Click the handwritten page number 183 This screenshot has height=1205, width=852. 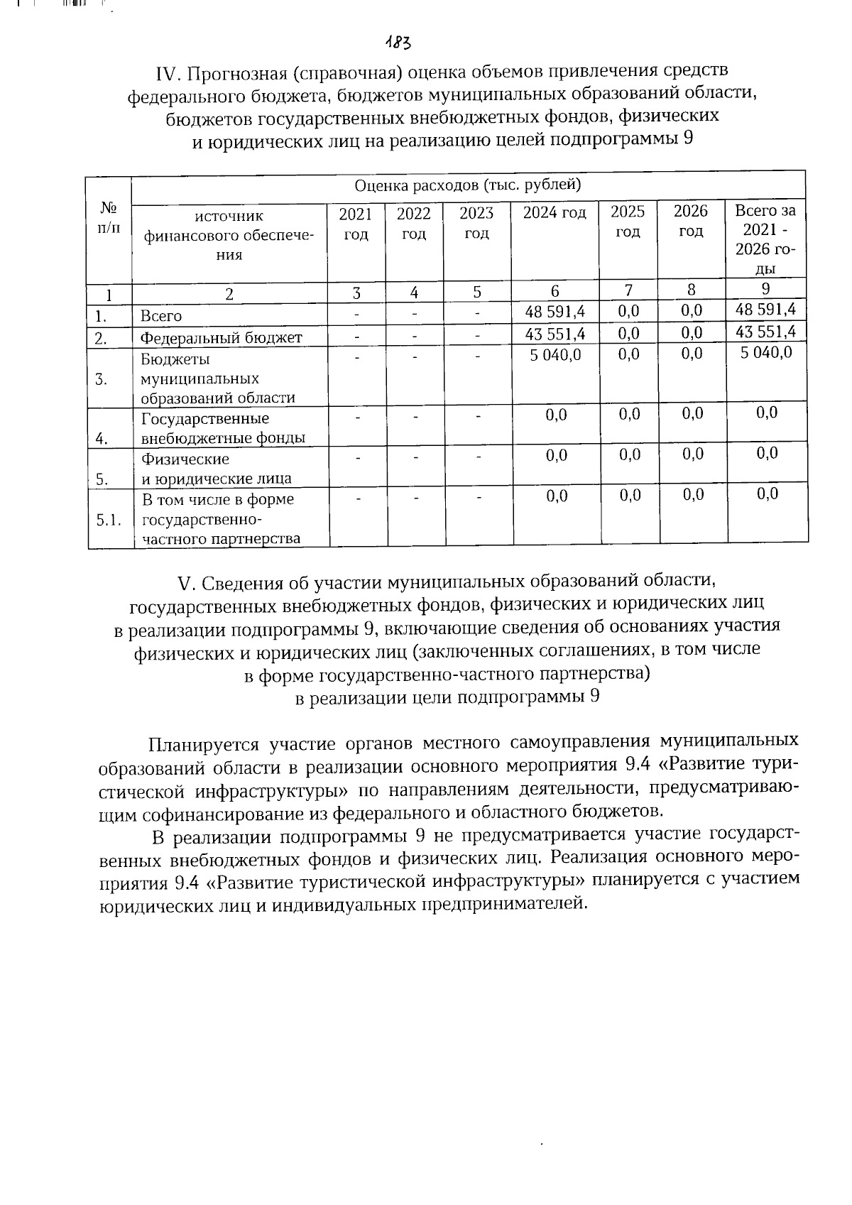[398, 43]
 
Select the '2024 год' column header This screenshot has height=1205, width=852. [555, 212]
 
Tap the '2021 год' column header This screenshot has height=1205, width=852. [356, 223]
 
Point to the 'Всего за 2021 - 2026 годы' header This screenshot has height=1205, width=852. [765, 239]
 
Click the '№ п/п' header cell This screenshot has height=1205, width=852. [109, 217]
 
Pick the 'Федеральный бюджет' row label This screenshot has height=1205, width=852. [221, 337]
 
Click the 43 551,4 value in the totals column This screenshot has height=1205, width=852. [765, 332]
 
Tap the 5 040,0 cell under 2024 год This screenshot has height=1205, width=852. [555, 354]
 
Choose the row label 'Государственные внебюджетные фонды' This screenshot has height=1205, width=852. [222, 428]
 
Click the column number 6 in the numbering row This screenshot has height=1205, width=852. [555, 291]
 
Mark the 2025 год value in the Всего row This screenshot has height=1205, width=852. [628, 311]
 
